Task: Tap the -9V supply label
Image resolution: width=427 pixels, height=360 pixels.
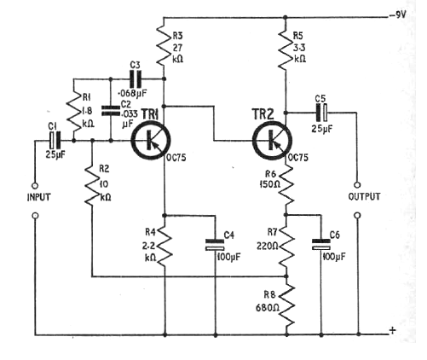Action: [398, 15]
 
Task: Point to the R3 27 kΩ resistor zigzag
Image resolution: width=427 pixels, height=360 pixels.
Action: [163, 44]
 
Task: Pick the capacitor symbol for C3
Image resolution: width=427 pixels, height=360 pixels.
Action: [136, 78]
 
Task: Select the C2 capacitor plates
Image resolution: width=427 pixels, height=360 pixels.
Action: [111, 111]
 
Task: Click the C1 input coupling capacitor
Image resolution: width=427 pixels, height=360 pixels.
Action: [55, 140]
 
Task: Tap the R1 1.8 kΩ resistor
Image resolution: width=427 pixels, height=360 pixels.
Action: [73, 112]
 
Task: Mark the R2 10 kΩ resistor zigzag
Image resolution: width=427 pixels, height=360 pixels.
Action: [92, 185]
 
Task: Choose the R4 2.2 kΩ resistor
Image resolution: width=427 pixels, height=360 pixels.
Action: [164, 246]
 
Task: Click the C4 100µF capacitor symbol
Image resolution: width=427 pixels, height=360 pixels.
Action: [215, 245]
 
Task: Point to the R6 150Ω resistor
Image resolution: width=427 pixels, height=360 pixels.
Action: [286, 185]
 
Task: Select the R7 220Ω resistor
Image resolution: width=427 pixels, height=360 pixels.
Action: [286, 246]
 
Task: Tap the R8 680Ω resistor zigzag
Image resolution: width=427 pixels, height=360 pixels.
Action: [286, 305]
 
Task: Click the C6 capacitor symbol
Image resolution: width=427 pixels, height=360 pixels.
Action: [321, 245]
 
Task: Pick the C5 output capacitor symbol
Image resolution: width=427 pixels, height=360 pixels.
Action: [321, 113]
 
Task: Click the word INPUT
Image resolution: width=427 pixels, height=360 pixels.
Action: [38, 197]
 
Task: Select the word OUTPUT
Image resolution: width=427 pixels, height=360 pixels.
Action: [364, 196]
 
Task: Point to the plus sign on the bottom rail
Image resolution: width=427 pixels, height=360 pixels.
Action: [393, 330]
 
